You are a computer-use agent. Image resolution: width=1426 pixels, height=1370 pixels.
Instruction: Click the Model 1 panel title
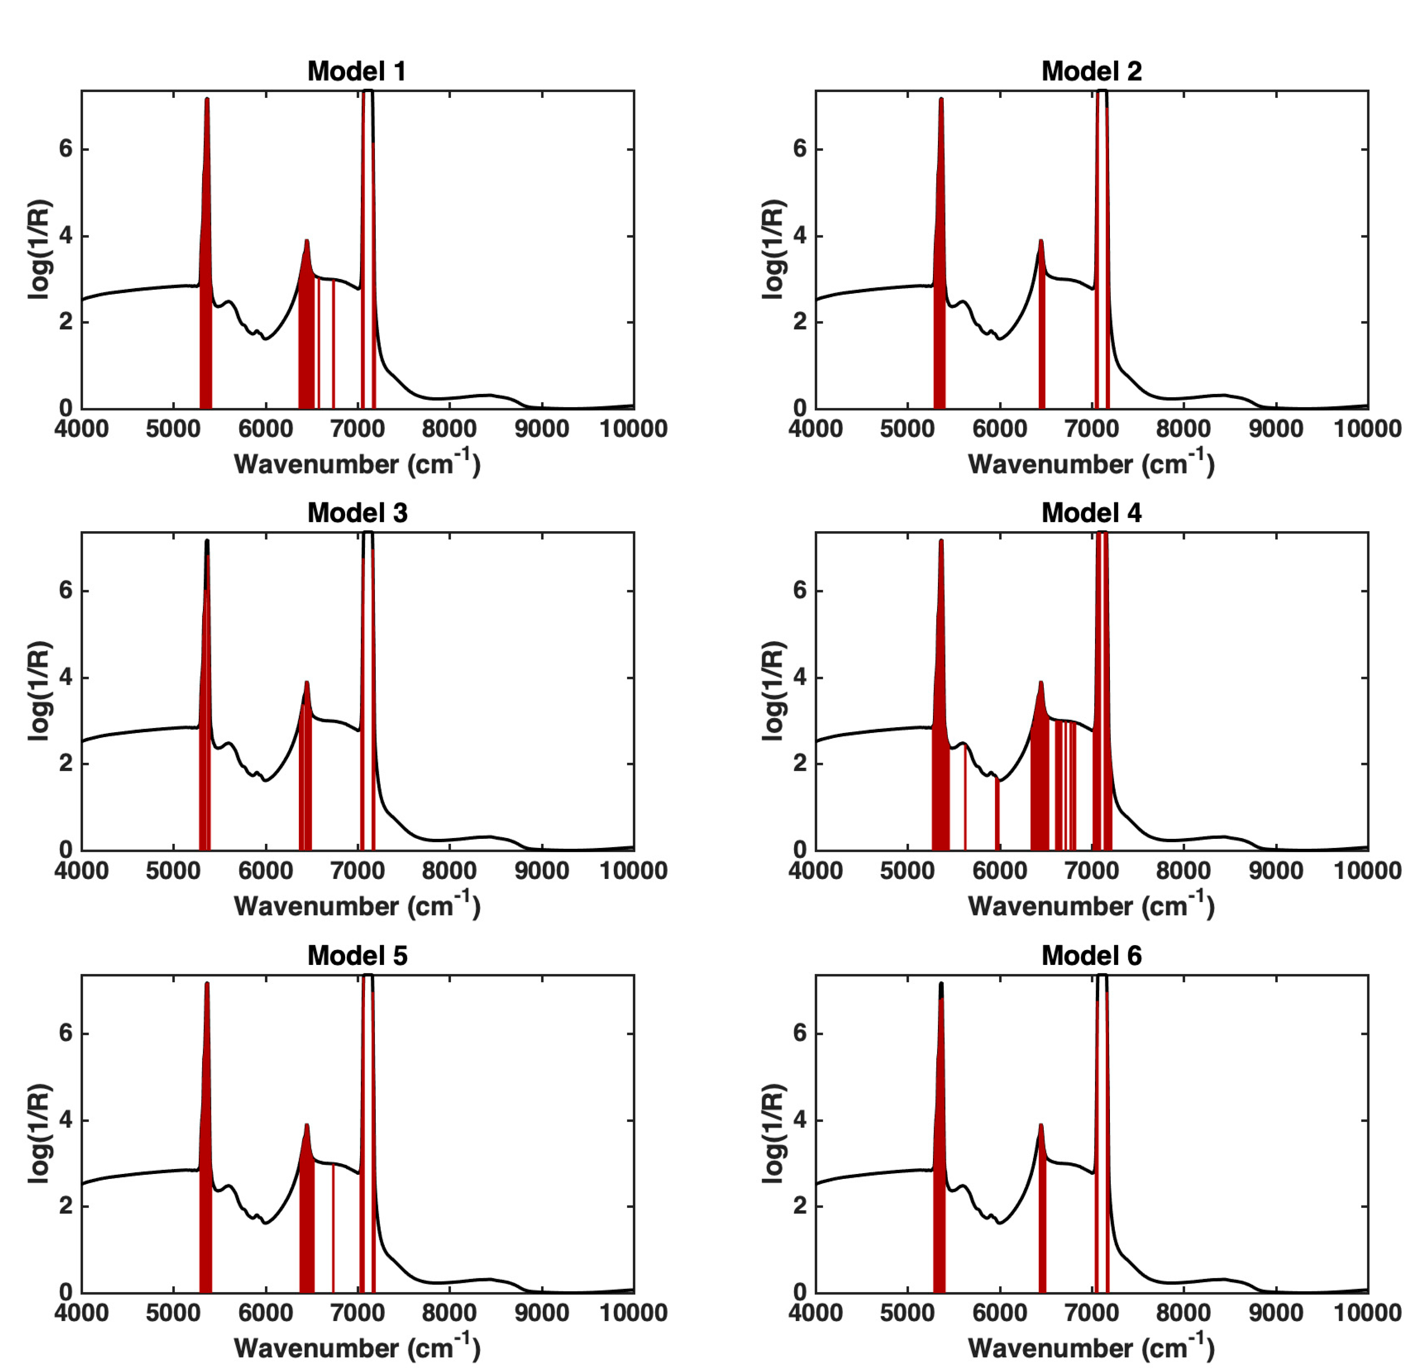tap(357, 71)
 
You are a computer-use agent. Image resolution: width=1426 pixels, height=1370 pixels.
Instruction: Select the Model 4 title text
tap(1091, 513)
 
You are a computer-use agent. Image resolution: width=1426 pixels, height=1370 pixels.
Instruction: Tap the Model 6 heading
tap(1091, 955)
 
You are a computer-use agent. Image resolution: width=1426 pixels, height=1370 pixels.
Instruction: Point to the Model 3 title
tap(357, 513)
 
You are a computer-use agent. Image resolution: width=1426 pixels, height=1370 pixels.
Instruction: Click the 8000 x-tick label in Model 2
tap(1183, 428)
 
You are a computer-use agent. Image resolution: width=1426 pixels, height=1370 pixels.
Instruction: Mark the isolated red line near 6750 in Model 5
tap(333, 1230)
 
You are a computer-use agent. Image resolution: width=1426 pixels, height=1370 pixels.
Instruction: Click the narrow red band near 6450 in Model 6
tap(1042, 1230)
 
